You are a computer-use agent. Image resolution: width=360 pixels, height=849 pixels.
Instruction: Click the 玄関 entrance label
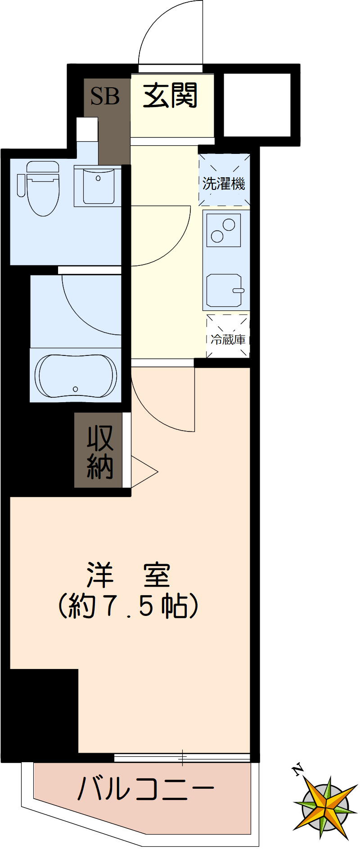(171, 95)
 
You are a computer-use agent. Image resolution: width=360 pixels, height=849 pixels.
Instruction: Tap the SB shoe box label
(105, 96)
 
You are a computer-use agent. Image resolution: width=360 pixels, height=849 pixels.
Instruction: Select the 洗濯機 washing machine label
(224, 184)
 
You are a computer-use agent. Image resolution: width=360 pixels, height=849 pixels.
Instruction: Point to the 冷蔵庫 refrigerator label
(228, 340)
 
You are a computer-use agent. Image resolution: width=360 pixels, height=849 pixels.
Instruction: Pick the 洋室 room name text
(129, 575)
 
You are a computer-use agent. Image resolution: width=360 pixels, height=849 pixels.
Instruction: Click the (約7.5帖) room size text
(129, 606)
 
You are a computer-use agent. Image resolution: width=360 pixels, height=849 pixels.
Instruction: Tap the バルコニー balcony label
(145, 789)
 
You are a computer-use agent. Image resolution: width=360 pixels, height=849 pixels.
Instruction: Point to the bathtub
(76, 376)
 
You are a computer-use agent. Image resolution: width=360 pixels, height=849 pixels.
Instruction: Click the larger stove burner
(229, 224)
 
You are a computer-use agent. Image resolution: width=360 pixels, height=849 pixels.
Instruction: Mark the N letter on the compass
(297, 771)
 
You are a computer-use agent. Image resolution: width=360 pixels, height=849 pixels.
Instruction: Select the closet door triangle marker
(144, 472)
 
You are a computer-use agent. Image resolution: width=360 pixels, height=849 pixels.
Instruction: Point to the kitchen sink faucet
(239, 291)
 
